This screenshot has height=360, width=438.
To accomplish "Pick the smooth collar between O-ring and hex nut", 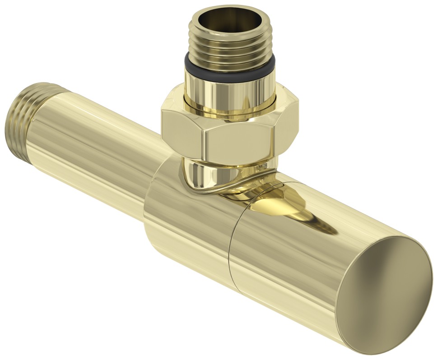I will point(230,92).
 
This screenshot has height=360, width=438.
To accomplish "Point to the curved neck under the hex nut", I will point(203,178).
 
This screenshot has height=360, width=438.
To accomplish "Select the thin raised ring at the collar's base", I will point(230,111).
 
